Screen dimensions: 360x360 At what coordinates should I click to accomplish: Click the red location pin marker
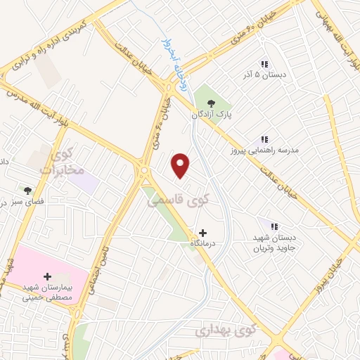pyautogui.click(x=181, y=165)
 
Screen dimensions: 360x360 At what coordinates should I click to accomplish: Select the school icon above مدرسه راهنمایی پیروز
pyautogui.click(x=265, y=140)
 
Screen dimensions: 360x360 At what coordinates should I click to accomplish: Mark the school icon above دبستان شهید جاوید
pyautogui.click(x=274, y=226)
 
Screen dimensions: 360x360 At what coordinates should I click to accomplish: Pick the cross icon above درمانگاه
pyautogui.click(x=203, y=232)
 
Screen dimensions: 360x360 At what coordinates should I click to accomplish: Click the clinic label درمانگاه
pyautogui.click(x=202, y=243)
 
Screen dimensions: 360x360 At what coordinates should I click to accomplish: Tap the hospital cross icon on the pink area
pyautogui.click(x=47, y=276)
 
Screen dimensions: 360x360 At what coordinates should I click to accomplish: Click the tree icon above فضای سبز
pyautogui.click(x=28, y=190)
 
